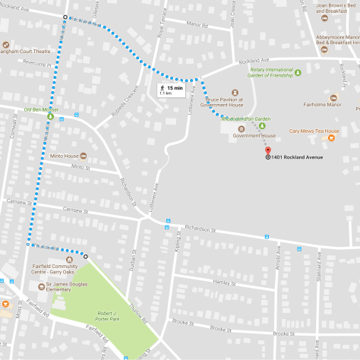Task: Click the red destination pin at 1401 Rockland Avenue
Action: pyautogui.click(x=267, y=150)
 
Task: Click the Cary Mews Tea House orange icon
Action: pyautogui.click(x=330, y=137)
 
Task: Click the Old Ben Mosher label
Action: pyautogui.click(x=40, y=110)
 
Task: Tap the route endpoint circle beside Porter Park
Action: pyautogui.click(x=85, y=256)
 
